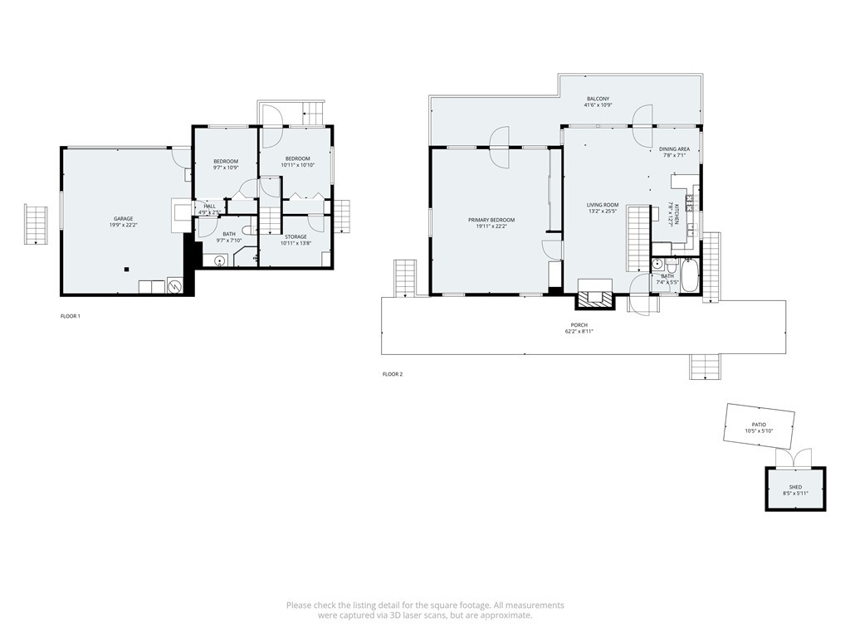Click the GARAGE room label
(123, 218)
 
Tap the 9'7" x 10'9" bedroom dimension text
(226, 168)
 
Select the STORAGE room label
(296, 236)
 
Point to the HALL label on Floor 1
(209, 206)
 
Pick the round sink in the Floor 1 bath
(219, 261)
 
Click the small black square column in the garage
(126, 269)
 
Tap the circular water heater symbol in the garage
(175, 287)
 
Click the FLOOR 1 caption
(71, 316)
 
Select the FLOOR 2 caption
(393, 374)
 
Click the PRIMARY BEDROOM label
(491, 220)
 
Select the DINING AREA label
(674, 149)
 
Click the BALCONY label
(597, 99)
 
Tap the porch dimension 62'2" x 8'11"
(579, 331)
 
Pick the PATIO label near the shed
(759, 424)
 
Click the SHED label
(794, 487)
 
